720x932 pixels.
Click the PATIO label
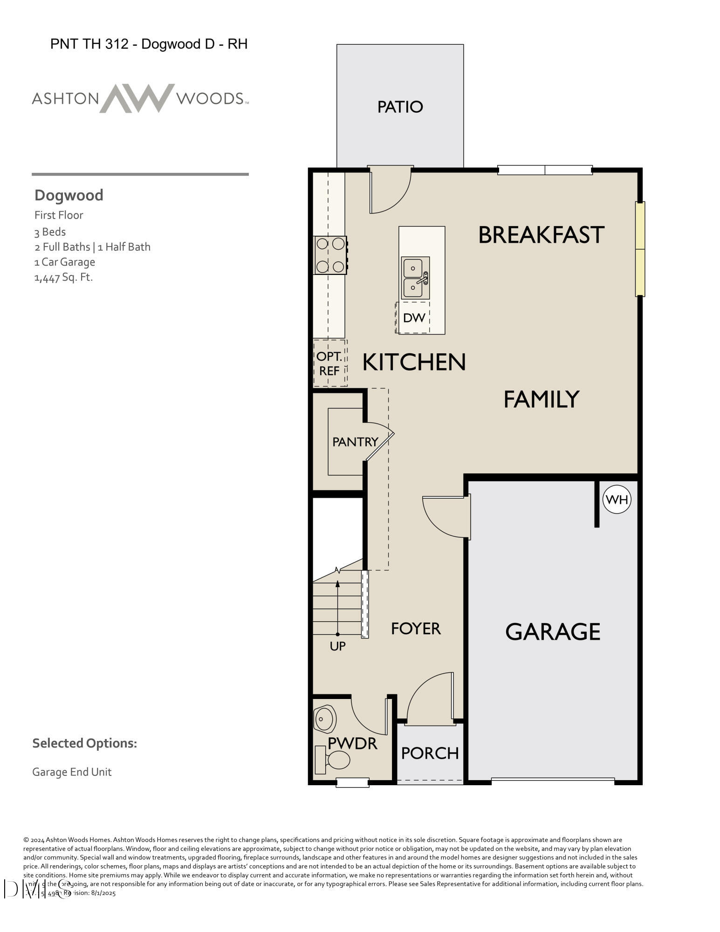click(x=400, y=107)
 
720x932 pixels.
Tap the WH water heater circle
click(x=617, y=500)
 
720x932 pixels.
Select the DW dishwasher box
click(x=413, y=318)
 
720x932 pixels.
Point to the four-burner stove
click(x=330, y=255)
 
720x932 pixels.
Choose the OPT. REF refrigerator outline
click(x=330, y=363)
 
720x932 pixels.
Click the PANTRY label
click(x=355, y=442)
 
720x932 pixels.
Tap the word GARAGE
click(x=553, y=632)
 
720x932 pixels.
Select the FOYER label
click(x=416, y=629)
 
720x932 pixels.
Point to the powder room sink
click(x=325, y=719)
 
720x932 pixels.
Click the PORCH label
click(x=430, y=753)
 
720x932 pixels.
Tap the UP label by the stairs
click(x=337, y=646)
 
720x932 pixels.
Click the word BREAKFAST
click(x=541, y=235)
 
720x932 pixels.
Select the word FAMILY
click(x=541, y=399)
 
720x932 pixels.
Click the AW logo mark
click(x=137, y=98)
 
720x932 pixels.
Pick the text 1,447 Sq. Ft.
click(x=63, y=277)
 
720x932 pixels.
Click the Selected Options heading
click(x=84, y=743)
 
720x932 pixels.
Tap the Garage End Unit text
click(x=72, y=772)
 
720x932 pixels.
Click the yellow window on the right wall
click(x=640, y=249)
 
